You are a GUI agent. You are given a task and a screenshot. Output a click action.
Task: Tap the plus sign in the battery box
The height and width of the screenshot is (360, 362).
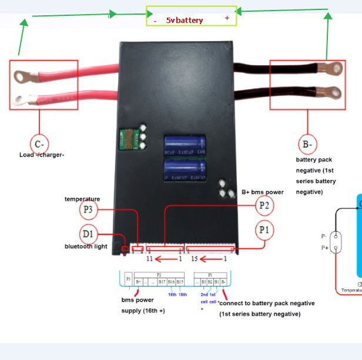point(227,18)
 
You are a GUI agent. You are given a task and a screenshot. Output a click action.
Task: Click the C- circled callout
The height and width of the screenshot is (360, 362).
point(40,144)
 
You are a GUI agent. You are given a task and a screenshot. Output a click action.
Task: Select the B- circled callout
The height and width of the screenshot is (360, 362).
point(307,144)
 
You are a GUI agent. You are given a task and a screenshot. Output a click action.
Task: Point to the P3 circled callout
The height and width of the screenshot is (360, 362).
point(88,209)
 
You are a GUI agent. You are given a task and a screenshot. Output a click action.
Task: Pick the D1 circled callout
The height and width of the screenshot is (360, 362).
point(88,234)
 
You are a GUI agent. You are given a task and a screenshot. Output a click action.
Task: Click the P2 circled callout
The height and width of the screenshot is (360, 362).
point(264,205)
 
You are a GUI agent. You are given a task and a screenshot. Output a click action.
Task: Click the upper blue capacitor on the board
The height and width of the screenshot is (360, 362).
point(185,145)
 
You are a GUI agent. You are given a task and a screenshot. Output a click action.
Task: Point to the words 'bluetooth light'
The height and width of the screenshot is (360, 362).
point(86,246)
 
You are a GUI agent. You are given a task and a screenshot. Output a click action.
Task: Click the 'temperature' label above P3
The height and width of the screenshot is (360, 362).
point(82,199)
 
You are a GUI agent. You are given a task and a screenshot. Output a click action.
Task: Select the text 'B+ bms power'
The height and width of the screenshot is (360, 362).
point(263,192)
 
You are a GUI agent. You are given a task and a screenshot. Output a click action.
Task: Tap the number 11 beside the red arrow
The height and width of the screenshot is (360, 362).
point(149,259)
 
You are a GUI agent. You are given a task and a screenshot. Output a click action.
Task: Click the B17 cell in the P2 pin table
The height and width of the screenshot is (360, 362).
point(160,282)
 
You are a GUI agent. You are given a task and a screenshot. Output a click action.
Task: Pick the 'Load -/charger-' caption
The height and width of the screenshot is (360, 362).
point(42,155)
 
